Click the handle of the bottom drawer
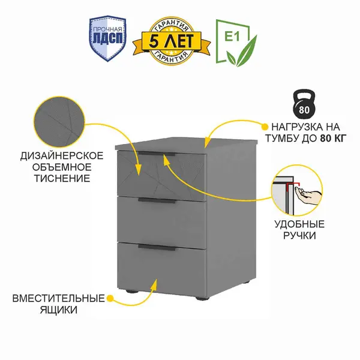[x=157, y=246]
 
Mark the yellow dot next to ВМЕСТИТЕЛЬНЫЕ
[x=109, y=298]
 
